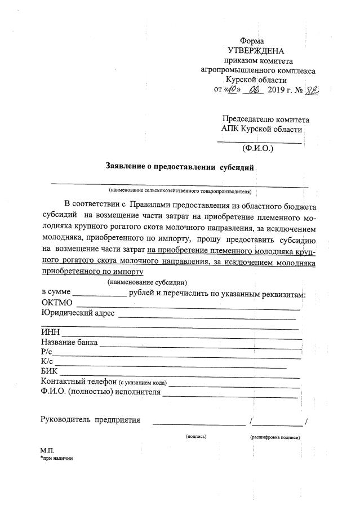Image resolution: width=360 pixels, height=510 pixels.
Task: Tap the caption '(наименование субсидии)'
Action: pyautogui.click(x=148, y=282)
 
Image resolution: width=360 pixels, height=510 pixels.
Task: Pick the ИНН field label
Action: pyautogui.click(x=50, y=332)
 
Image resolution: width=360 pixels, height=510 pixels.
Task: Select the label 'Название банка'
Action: pyautogui.click(x=69, y=342)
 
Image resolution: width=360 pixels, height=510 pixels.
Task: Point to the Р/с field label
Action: pyautogui.click(x=47, y=352)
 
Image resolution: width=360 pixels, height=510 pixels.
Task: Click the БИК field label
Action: pyautogui.click(x=50, y=371)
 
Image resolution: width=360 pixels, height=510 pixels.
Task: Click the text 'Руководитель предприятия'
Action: pyautogui.click(x=90, y=419)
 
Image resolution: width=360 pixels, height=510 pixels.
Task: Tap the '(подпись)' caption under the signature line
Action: pyautogui.click(x=196, y=437)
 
